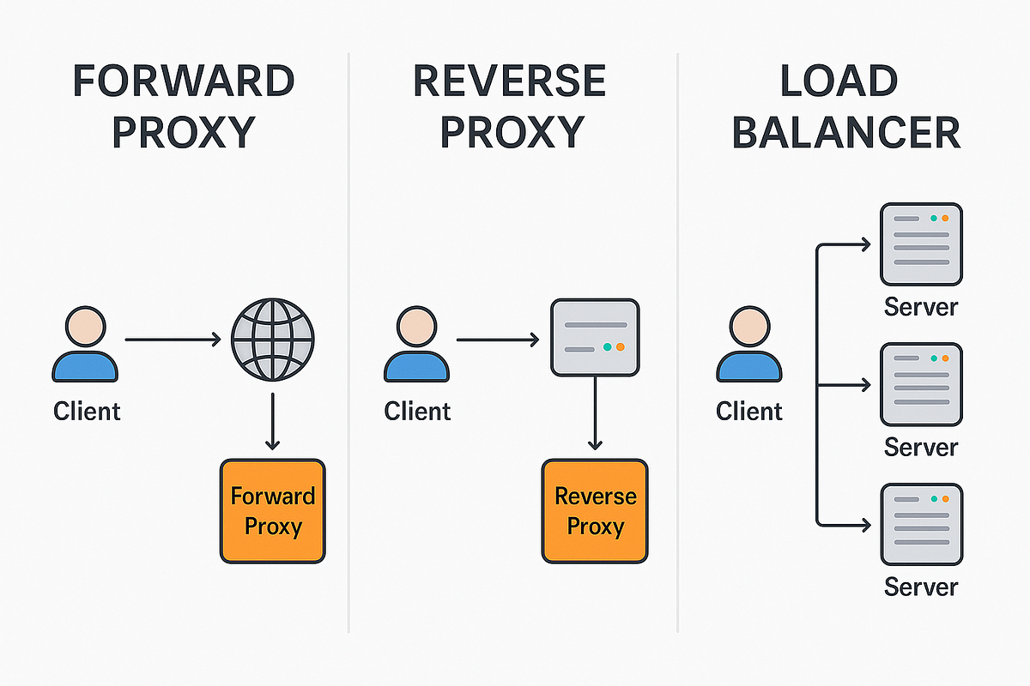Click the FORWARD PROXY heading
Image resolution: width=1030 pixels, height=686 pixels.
pos(184,107)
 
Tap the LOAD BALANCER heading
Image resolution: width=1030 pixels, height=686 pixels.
pos(846,107)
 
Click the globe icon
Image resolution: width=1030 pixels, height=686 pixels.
pos(273,340)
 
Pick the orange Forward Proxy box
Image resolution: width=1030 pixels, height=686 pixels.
pos(273,511)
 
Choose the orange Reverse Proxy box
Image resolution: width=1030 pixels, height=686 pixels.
pos(595,511)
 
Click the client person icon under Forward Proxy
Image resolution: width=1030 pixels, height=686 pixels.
pos(85,346)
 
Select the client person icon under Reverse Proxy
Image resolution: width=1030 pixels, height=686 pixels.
pos(416,346)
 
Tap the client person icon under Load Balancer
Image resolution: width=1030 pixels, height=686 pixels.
pos(748,346)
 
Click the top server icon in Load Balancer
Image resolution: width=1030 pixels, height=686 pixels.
pos(921,244)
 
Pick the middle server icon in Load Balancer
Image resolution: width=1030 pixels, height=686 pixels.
pos(921,385)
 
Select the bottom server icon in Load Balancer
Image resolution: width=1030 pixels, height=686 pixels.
pos(921,524)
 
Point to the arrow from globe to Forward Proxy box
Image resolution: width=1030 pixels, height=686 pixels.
pos(273,422)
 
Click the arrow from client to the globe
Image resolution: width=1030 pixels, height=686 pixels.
pos(172,340)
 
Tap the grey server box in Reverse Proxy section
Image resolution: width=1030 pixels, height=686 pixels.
pos(595,336)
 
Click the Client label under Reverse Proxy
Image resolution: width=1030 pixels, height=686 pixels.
pos(417,411)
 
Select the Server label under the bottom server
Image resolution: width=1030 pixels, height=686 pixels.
pos(921,587)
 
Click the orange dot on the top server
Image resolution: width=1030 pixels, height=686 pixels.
pos(945,218)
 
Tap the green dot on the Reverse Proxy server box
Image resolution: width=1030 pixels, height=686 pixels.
pos(608,347)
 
